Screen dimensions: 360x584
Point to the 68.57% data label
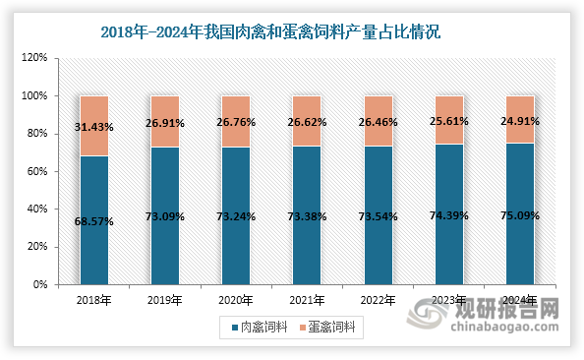coord(93,221)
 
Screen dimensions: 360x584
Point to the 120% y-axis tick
coord(34,58)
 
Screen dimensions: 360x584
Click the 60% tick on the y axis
coord(36,171)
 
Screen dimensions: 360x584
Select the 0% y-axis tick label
coord(40,284)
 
